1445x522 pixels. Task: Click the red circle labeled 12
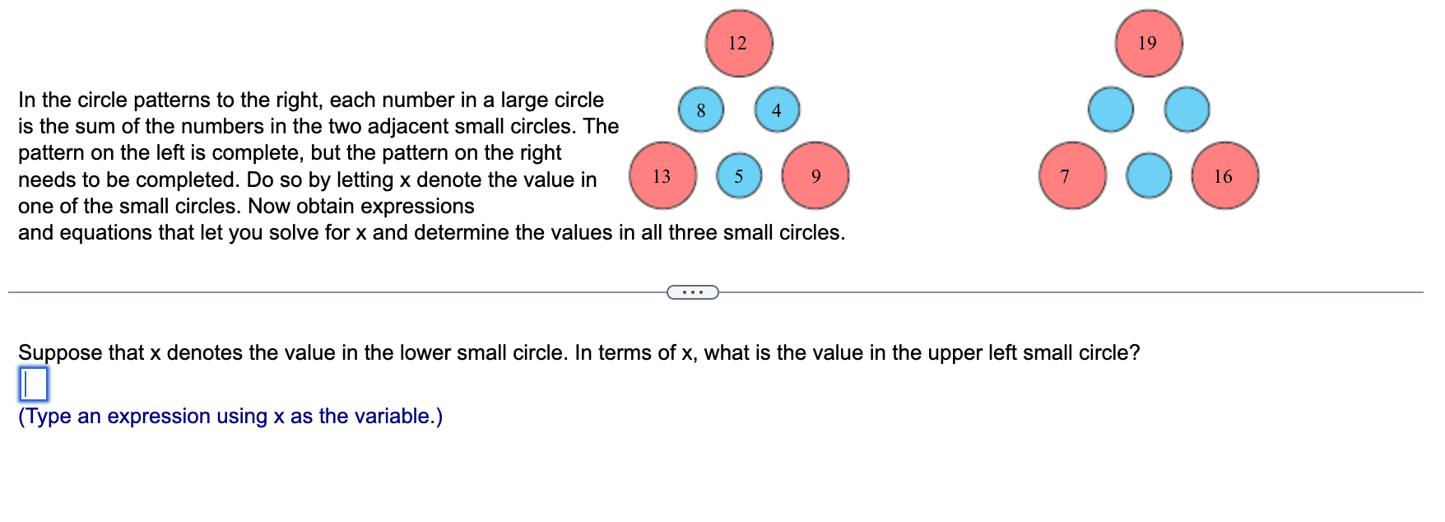pyautogui.click(x=738, y=44)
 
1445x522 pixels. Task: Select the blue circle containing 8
pyautogui.click(x=701, y=110)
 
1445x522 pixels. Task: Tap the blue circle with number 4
pyautogui.click(x=777, y=110)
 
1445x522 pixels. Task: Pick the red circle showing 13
pyautogui.click(x=662, y=176)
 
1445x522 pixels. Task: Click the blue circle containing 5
pyautogui.click(x=739, y=176)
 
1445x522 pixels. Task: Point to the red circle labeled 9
pyautogui.click(x=815, y=176)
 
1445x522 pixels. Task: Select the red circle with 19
pyautogui.click(x=1148, y=44)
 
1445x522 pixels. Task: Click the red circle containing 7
pyautogui.click(x=1071, y=176)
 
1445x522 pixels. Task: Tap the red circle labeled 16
pyautogui.click(x=1224, y=176)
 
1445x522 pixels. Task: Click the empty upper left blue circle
pyautogui.click(x=1110, y=110)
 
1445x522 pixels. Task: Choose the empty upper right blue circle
pyautogui.click(x=1187, y=110)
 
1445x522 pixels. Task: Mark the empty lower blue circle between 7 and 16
pyautogui.click(x=1148, y=176)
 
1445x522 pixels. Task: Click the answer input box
pyautogui.click(x=33, y=385)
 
